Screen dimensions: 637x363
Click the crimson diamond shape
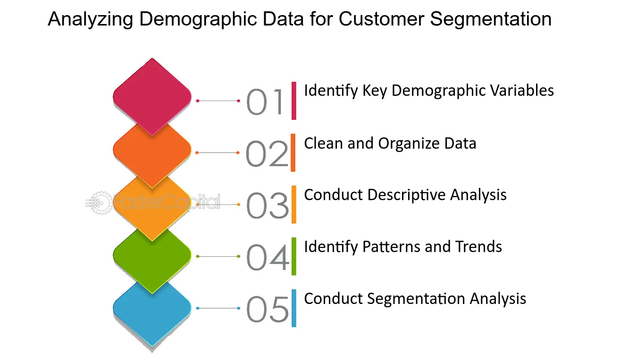coord(152,97)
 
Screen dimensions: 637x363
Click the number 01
coord(265,101)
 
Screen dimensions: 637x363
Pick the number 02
coord(267,153)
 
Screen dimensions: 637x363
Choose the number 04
coord(268,257)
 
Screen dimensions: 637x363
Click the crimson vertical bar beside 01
coord(294,101)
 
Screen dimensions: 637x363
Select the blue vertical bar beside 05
coord(294,308)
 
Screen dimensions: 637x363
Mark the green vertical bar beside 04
coord(294,256)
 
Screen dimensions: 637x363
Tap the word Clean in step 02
coord(324,143)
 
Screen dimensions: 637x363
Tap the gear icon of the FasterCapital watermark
coord(99,203)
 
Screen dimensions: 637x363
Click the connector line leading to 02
coord(218,153)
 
